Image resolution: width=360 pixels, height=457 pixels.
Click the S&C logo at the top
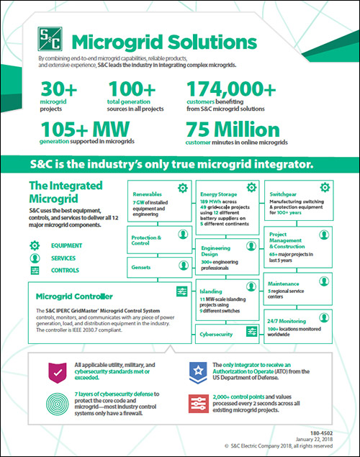coord(48,39)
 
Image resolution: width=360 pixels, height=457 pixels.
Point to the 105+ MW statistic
coord(79,131)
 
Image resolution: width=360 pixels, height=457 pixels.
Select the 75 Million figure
coord(233,131)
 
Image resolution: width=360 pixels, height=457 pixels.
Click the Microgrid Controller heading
coord(72,295)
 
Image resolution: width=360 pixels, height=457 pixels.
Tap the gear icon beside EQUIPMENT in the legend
coord(34,245)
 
